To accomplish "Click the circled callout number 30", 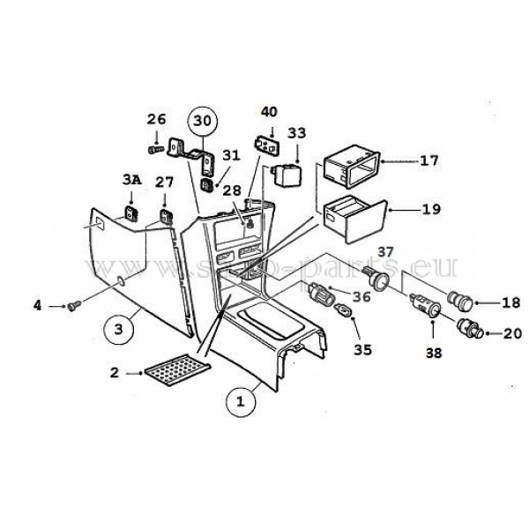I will [203, 122].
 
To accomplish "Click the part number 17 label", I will [429, 161].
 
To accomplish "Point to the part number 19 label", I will [429, 211].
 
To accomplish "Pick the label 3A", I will [130, 181].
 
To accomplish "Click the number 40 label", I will [269, 111].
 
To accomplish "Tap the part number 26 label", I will [156, 120].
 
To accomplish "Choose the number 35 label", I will [363, 349].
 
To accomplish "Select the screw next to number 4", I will [74, 307].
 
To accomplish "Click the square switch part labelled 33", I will [287, 172].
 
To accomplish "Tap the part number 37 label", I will [385, 252].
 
